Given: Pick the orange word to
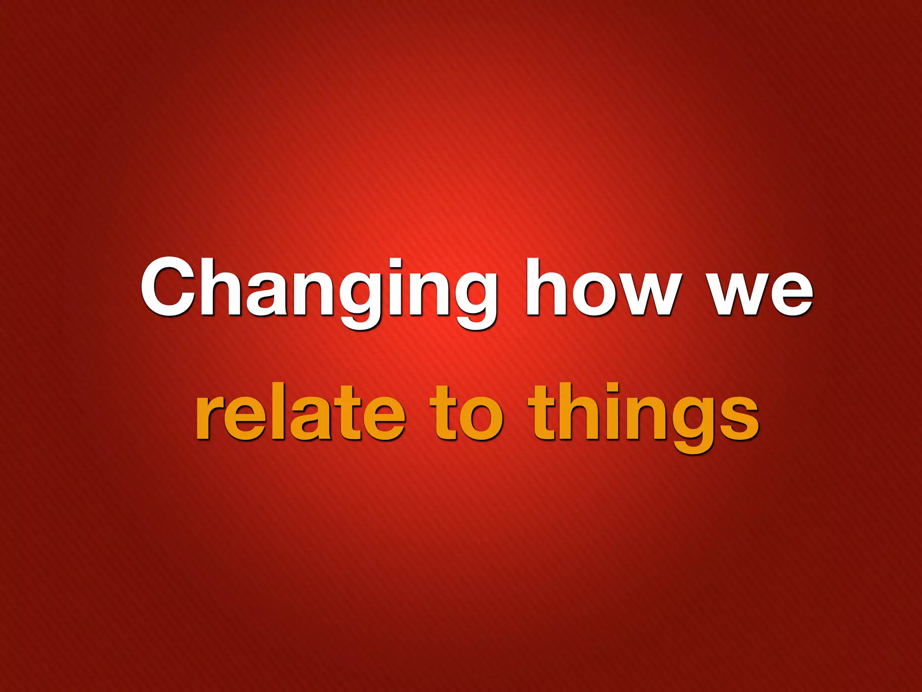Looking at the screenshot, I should tap(466, 412).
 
